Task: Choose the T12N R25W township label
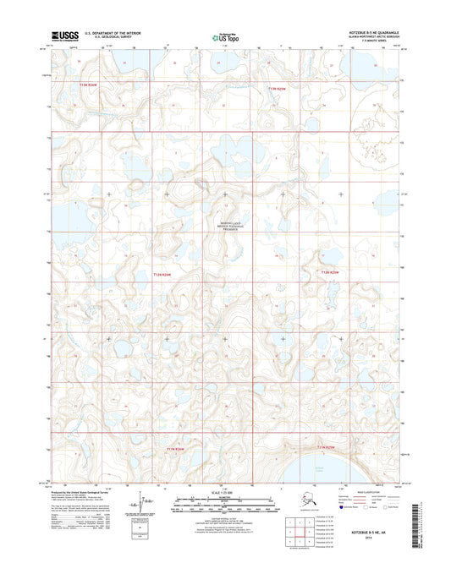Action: [330, 272]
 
